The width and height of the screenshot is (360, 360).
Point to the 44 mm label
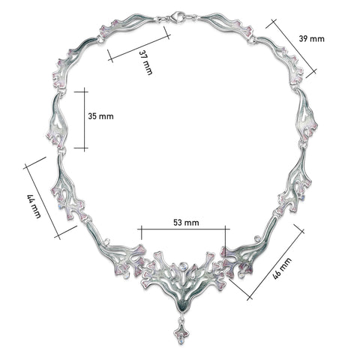pyautogui.click(x=33, y=206)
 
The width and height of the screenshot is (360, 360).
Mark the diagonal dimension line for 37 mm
pyautogui.click(x=138, y=43)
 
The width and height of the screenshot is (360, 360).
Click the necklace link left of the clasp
pyautogui.click(x=135, y=27)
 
